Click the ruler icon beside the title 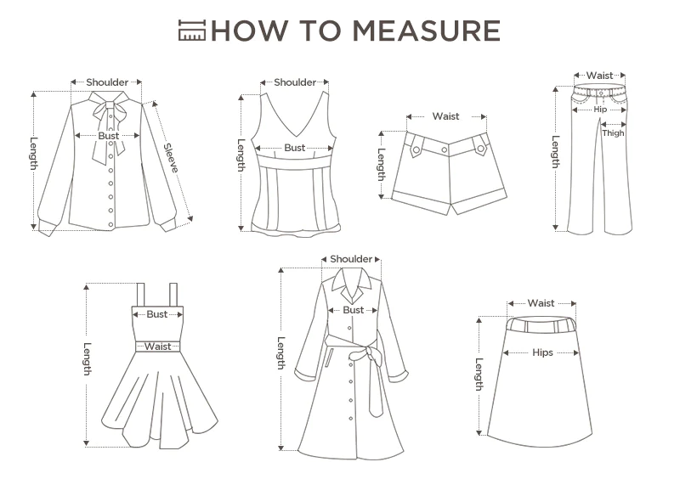[x=192, y=31]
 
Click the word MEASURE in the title [x=426, y=31]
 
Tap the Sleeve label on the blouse [x=171, y=158]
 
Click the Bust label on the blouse [x=109, y=136]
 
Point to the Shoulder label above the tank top [x=295, y=82]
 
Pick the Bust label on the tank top [x=295, y=148]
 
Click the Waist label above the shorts [x=445, y=116]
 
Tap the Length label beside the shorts [x=381, y=165]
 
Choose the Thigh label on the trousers [x=613, y=133]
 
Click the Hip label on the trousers [x=600, y=110]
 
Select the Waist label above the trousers [x=600, y=76]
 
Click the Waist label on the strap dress [x=158, y=347]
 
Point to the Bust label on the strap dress [x=157, y=314]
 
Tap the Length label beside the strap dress [x=88, y=359]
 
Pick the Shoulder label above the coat [x=351, y=259]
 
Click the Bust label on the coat [x=354, y=310]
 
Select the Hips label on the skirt [x=543, y=352]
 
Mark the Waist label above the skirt [x=541, y=303]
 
